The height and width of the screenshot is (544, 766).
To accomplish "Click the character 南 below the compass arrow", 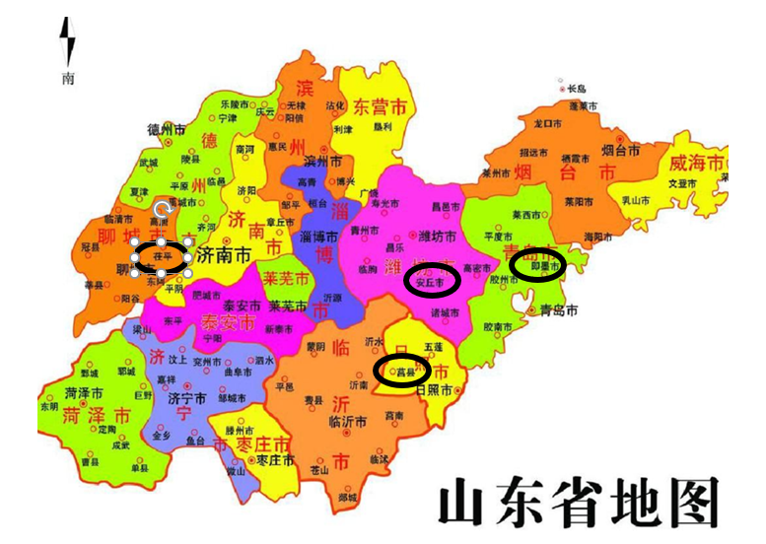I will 67,78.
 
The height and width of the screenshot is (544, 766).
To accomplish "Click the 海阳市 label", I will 598,238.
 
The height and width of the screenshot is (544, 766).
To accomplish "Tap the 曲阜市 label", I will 239,371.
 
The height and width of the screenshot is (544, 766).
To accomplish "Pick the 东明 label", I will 49,406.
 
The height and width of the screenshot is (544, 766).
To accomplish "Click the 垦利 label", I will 369,126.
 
